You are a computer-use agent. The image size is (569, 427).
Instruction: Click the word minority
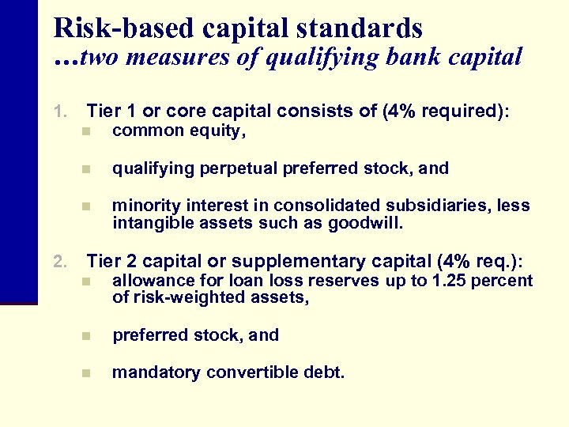pyautogui.click(x=142, y=206)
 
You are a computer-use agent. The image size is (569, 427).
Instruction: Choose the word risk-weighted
pyautogui.click(x=183, y=297)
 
